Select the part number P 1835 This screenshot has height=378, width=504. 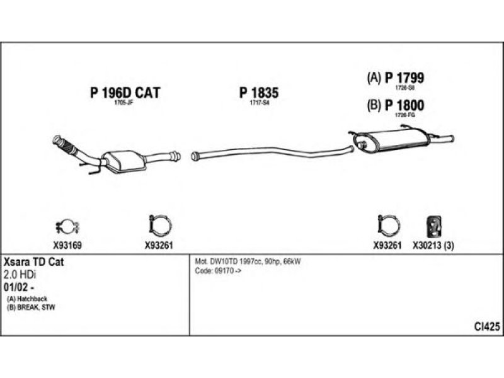tap(258, 93)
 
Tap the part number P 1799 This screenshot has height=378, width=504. tap(404, 77)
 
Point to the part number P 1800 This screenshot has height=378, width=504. tap(404, 106)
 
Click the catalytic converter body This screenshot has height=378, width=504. tap(129, 160)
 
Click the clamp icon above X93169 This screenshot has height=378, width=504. tap(64, 226)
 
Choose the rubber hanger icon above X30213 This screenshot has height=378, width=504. tap(433, 225)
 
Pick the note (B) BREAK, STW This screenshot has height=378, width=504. tap(31, 306)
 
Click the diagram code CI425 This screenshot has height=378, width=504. tap(487, 326)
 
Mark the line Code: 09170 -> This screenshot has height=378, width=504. tap(219, 270)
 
